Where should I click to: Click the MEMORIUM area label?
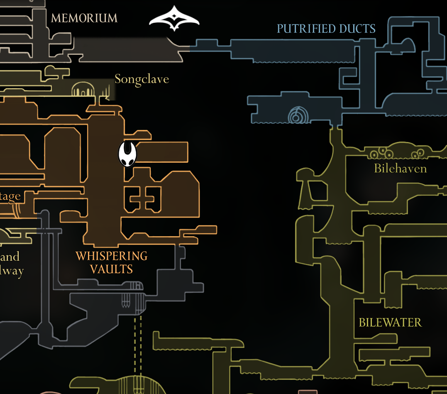pos(84,18)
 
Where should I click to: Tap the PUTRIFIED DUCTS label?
pos(326,29)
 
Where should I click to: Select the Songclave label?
pos(142,79)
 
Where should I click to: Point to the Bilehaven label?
pos(400,169)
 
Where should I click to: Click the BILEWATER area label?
pos(390,323)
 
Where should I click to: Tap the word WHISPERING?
pos(111,256)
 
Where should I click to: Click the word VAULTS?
pos(111,269)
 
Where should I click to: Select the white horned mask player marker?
pos(127,154)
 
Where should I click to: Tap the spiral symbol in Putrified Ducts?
pos(296,115)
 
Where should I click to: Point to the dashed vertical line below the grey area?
pos(138,345)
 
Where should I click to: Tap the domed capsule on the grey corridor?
pos(135,286)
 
